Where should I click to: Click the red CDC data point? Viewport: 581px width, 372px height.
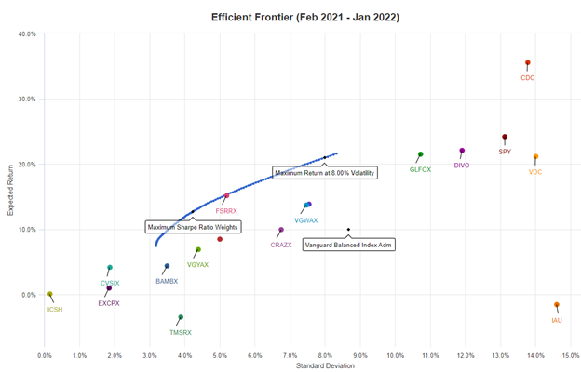point(527,63)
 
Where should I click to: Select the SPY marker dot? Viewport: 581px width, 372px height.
point(505,137)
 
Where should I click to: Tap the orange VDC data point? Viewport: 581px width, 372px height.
point(535,156)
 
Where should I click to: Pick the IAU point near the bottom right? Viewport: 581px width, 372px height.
point(557,305)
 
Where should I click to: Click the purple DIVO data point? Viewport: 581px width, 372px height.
point(462,151)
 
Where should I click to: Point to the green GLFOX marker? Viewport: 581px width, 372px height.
point(421,154)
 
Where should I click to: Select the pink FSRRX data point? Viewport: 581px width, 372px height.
point(226,196)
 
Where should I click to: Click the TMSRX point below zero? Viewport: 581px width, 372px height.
point(181,317)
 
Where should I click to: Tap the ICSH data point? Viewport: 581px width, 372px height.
point(50,294)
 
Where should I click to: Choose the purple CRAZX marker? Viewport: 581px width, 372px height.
point(281,230)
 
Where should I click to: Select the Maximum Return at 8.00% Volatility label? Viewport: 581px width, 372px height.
point(325,172)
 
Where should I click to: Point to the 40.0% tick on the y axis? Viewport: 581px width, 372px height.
point(26,33)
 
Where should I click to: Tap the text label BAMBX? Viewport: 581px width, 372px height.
point(167,281)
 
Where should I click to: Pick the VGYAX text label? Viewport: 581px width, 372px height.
point(197,265)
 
